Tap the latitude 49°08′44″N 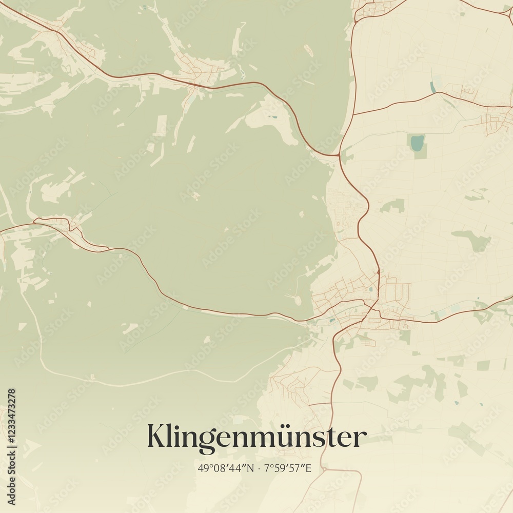tap(226, 468)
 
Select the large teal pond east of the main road tap(418, 143)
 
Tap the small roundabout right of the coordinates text tap(324, 469)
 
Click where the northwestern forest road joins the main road tap(339, 155)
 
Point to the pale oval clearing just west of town tap(297, 300)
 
